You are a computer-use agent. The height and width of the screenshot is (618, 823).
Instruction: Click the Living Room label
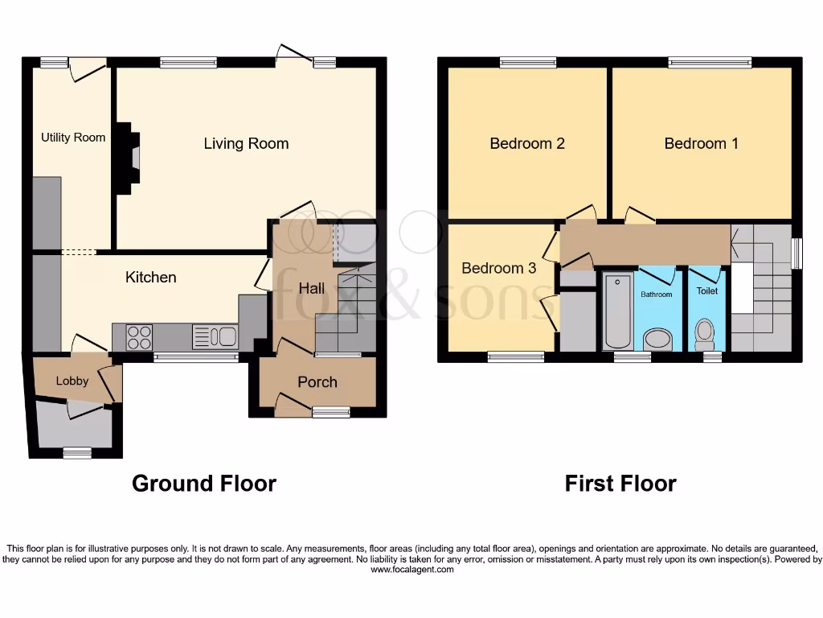pos(246,144)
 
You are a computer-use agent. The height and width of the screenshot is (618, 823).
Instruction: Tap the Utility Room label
pos(73,138)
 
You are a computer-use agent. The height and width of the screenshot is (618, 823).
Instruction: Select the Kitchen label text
pos(150,278)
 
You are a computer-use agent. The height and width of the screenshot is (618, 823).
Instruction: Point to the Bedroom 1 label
pos(701,144)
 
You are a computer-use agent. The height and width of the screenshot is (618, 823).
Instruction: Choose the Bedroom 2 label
pos(527,144)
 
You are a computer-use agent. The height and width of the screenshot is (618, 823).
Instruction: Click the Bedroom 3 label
pos(498,269)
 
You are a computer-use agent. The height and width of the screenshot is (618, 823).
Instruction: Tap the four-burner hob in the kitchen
pos(140,336)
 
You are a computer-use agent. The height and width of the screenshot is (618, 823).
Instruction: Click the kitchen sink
pos(215,336)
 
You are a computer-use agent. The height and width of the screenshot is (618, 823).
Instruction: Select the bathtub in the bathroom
pos(617,311)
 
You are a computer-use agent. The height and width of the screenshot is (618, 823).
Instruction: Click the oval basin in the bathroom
pos(657,338)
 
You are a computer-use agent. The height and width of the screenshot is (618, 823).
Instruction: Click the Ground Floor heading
pos(203,484)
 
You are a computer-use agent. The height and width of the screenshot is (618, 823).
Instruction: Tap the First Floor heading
pos(620,484)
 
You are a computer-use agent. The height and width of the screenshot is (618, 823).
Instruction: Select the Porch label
pos(317,382)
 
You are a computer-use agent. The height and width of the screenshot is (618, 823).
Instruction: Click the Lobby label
pos(72,381)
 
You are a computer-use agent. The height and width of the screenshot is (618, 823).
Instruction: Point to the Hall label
pos(312,288)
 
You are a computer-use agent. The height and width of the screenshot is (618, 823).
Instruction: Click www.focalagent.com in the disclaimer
pos(411,570)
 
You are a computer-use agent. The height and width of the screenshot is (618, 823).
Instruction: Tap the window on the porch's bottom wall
pos(331,412)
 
